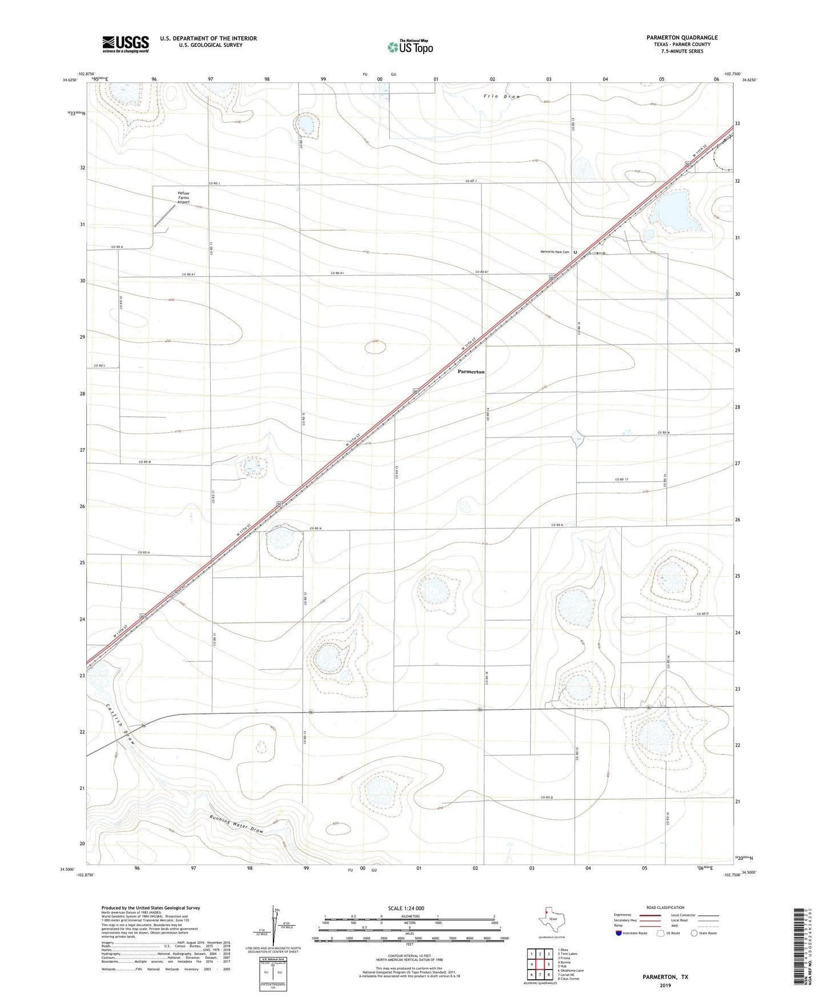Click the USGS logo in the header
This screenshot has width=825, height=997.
point(126,44)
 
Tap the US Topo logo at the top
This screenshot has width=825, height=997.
point(410,47)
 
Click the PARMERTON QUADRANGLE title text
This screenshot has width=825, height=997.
point(682,38)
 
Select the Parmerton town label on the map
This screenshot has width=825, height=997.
point(471,372)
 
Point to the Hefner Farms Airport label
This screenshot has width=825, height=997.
point(183,198)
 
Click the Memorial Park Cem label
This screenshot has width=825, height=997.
point(554,252)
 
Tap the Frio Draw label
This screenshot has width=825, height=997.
point(502,97)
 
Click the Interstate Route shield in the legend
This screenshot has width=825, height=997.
point(618,933)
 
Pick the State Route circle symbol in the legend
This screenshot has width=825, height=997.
point(694,933)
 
